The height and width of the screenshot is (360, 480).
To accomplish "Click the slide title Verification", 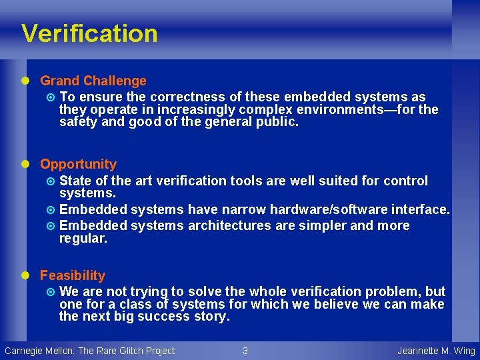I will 89,33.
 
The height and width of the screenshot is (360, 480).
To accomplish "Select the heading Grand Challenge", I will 93,81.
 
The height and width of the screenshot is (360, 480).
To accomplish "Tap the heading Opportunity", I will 78,164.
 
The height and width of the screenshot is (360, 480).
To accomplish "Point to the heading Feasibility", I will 73,275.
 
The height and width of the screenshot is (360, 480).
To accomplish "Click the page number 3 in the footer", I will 245,351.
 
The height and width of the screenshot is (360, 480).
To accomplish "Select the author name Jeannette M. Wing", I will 436,351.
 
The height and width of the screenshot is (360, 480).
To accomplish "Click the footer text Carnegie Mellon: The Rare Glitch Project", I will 89,351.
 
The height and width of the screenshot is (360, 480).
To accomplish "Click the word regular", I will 83,238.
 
